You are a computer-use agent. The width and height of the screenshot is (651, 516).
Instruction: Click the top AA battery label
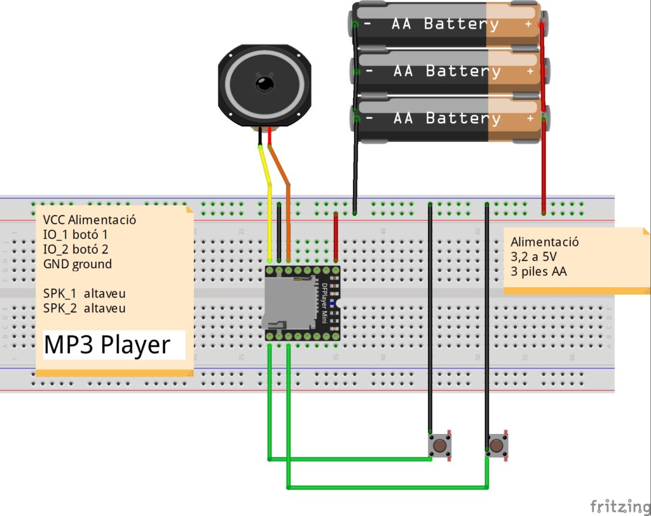pos(445,24)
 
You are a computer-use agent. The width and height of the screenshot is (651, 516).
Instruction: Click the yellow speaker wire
pos(270,210)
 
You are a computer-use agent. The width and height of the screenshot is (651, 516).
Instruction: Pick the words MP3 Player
pos(107,345)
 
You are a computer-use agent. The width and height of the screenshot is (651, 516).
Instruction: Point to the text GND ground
pos(78,264)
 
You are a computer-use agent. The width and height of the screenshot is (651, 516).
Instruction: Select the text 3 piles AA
pos(539,271)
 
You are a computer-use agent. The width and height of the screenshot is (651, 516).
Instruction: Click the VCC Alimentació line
pos(90,220)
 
